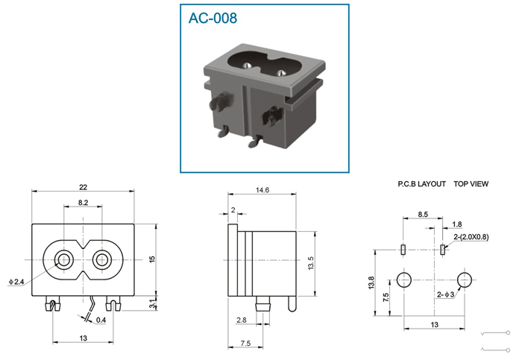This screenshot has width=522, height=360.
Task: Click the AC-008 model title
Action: pos(213,18)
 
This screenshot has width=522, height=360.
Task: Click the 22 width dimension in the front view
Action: pos(83,187)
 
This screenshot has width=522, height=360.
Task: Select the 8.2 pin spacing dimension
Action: pos(84,202)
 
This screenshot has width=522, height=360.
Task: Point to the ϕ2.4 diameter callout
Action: pos(16,282)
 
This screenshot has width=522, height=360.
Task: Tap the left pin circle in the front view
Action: pos(63,259)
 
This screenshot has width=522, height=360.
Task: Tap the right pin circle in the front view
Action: pos(101,259)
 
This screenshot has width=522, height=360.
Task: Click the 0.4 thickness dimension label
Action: pos(101,320)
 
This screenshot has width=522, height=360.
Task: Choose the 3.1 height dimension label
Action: pos(153,304)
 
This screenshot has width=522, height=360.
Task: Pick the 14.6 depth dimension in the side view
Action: pos(262,190)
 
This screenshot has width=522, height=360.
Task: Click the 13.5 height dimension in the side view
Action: pos(311,263)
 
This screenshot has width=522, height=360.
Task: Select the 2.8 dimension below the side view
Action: pos(242,320)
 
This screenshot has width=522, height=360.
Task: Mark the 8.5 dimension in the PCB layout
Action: pos(423,214)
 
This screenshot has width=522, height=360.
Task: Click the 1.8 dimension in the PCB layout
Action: pos(457,224)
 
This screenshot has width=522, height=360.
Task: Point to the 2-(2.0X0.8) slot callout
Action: pos(471,237)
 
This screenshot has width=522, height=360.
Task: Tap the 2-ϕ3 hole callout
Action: pos(445,295)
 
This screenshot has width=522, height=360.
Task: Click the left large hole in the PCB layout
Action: pos(404,280)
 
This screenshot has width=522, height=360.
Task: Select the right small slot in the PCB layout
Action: pos(442,250)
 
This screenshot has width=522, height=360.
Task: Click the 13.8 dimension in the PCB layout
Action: pos(372,282)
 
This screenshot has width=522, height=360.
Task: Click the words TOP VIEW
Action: pos(471,184)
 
